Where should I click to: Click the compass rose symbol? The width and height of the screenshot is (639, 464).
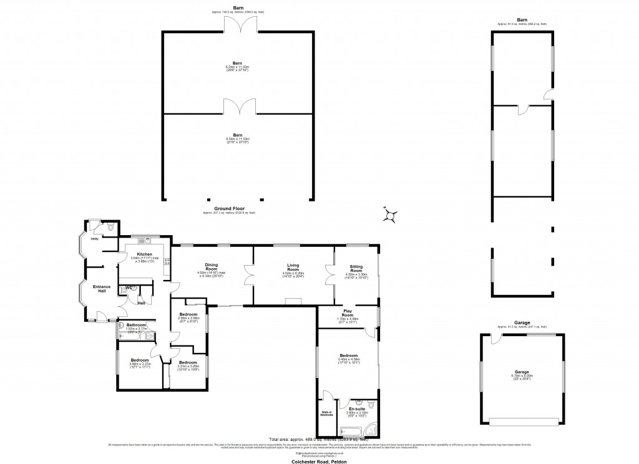click(391, 215)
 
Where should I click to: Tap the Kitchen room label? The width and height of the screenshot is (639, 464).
click(145, 254)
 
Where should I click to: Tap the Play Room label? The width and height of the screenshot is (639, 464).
click(348, 313)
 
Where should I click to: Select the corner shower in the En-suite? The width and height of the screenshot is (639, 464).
click(371, 429)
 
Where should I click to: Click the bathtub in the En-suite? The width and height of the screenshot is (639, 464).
click(349, 430)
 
